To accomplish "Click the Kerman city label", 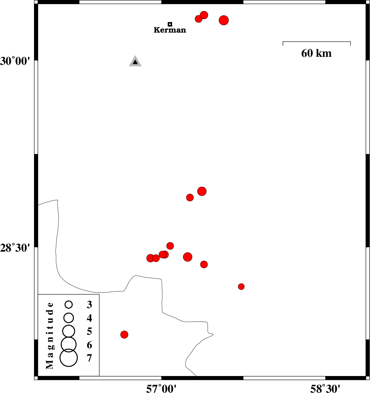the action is tap(170, 30).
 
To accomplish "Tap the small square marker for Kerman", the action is tap(170, 24).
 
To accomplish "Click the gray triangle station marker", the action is tap(135, 61).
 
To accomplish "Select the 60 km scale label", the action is tap(316, 53).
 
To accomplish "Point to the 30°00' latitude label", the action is tap(15, 61).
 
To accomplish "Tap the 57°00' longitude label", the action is tap(161, 388).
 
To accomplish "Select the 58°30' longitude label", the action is tap(325, 388).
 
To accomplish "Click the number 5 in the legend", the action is tap(89, 331).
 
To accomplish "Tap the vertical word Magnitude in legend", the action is tap(50, 335).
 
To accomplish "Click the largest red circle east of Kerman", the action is tap(224, 20).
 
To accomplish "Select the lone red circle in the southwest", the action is tap(124, 334).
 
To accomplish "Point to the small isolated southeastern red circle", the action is tap(241, 287).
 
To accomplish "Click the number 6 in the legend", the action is tap(89, 345).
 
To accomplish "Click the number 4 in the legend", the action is tap(89, 318).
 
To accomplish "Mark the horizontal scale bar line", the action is tap(317, 42).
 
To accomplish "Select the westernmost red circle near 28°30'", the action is tap(150, 258).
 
